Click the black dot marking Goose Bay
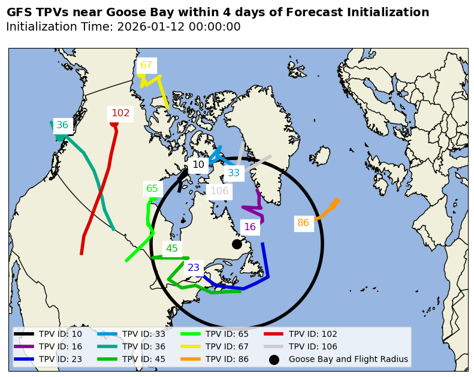click(237, 244)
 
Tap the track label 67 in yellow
click(146, 65)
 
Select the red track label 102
click(120, 113)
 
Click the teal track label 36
click(62, 125)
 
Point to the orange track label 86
click(303, 223)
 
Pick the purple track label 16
click(250, 227)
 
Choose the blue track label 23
click(194, 268)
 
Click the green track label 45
click(172, 248)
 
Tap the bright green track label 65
click(152, 188)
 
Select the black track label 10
click(198, 164)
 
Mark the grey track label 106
click(219, 191)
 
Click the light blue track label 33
click(234, 173)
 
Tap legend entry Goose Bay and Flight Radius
click(348, 360)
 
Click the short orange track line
click(327, 210)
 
